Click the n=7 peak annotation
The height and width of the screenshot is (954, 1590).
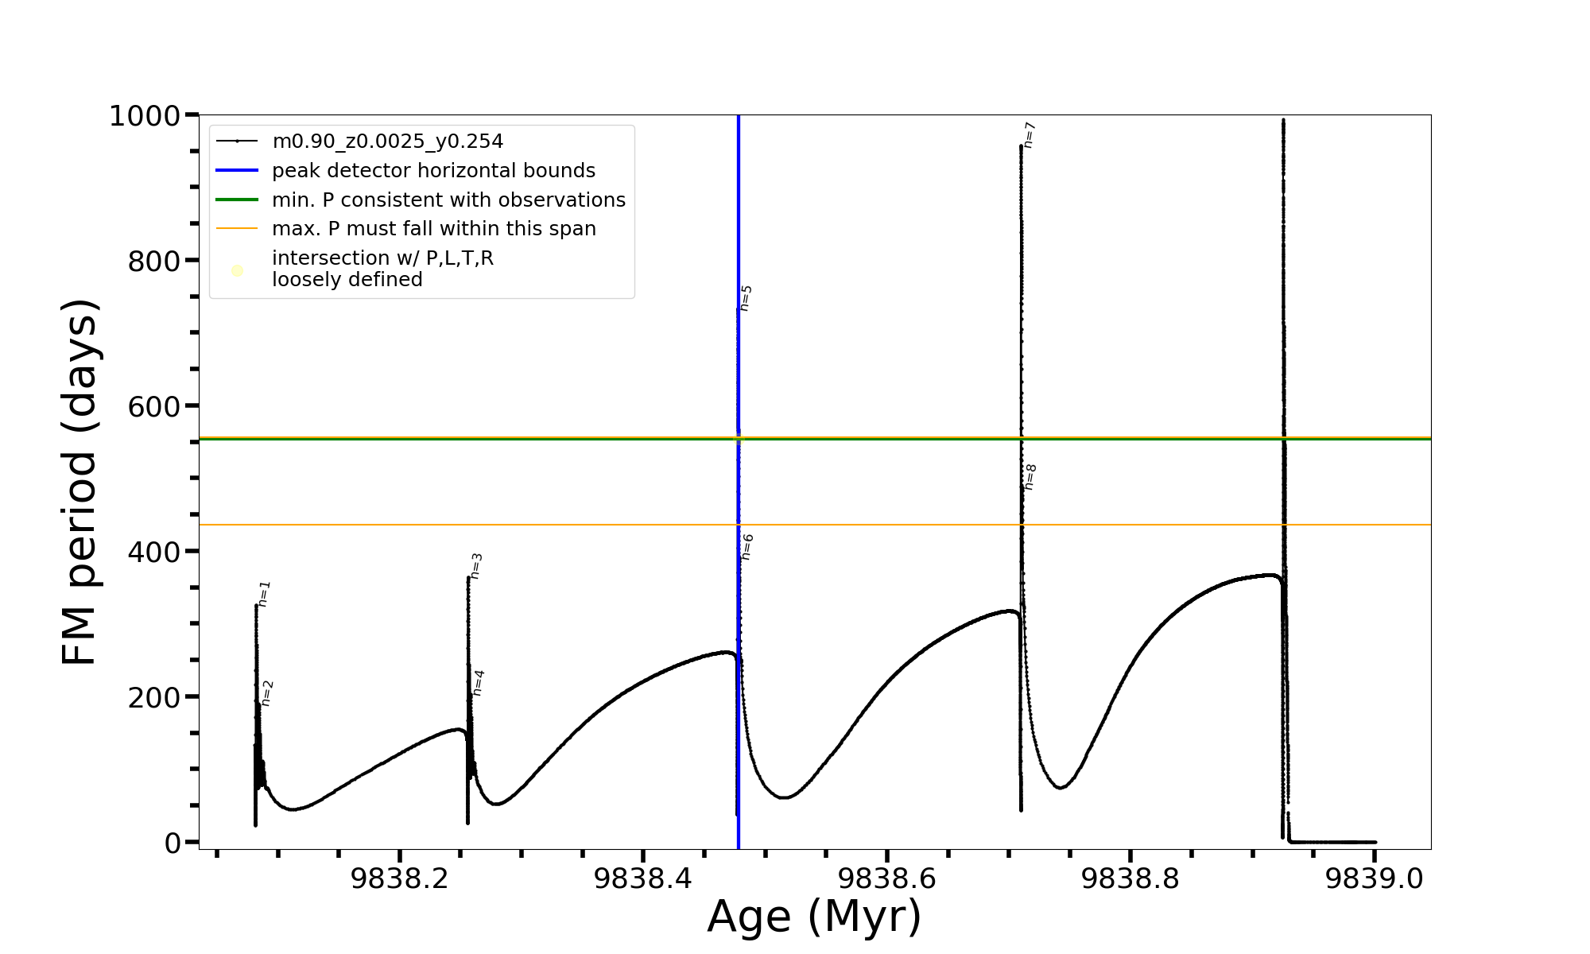point(1030,135)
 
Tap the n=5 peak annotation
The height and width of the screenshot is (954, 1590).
point(746,298)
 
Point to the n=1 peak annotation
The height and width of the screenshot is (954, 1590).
point(265,594)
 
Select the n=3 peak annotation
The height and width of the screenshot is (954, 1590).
point(476,565)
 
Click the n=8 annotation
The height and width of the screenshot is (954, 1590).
point(1030,477)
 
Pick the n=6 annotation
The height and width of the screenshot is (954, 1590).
point(747,547)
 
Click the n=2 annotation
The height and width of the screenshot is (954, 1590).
point(267,693)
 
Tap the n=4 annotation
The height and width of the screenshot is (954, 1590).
point(478,683)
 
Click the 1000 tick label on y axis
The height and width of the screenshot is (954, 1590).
point(145,116)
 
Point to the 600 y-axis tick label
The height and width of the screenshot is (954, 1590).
point(154,406)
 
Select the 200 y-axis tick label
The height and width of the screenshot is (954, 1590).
point(154,697)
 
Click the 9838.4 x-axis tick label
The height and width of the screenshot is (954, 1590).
point(643,878)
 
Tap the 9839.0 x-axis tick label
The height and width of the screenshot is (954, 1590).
point(1374,878)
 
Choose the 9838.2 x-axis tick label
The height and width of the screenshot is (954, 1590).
point(400,878)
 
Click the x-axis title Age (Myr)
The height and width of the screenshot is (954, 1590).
point(814,917)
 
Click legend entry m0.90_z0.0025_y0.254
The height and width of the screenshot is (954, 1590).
point(387,142)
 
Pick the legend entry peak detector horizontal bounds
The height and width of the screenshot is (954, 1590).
point(433,171)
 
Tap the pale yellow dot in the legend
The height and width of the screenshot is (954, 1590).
point(237,270)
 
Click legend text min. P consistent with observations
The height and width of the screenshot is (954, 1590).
point(448,200)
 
